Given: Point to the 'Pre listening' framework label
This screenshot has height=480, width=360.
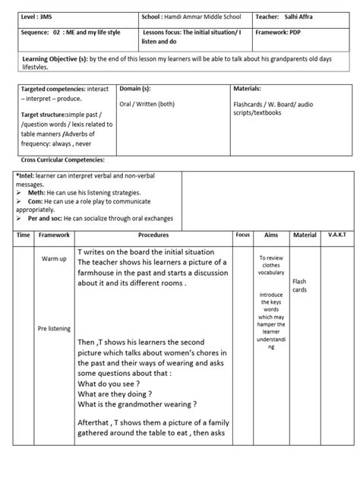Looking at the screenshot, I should (x=54, y=328).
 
